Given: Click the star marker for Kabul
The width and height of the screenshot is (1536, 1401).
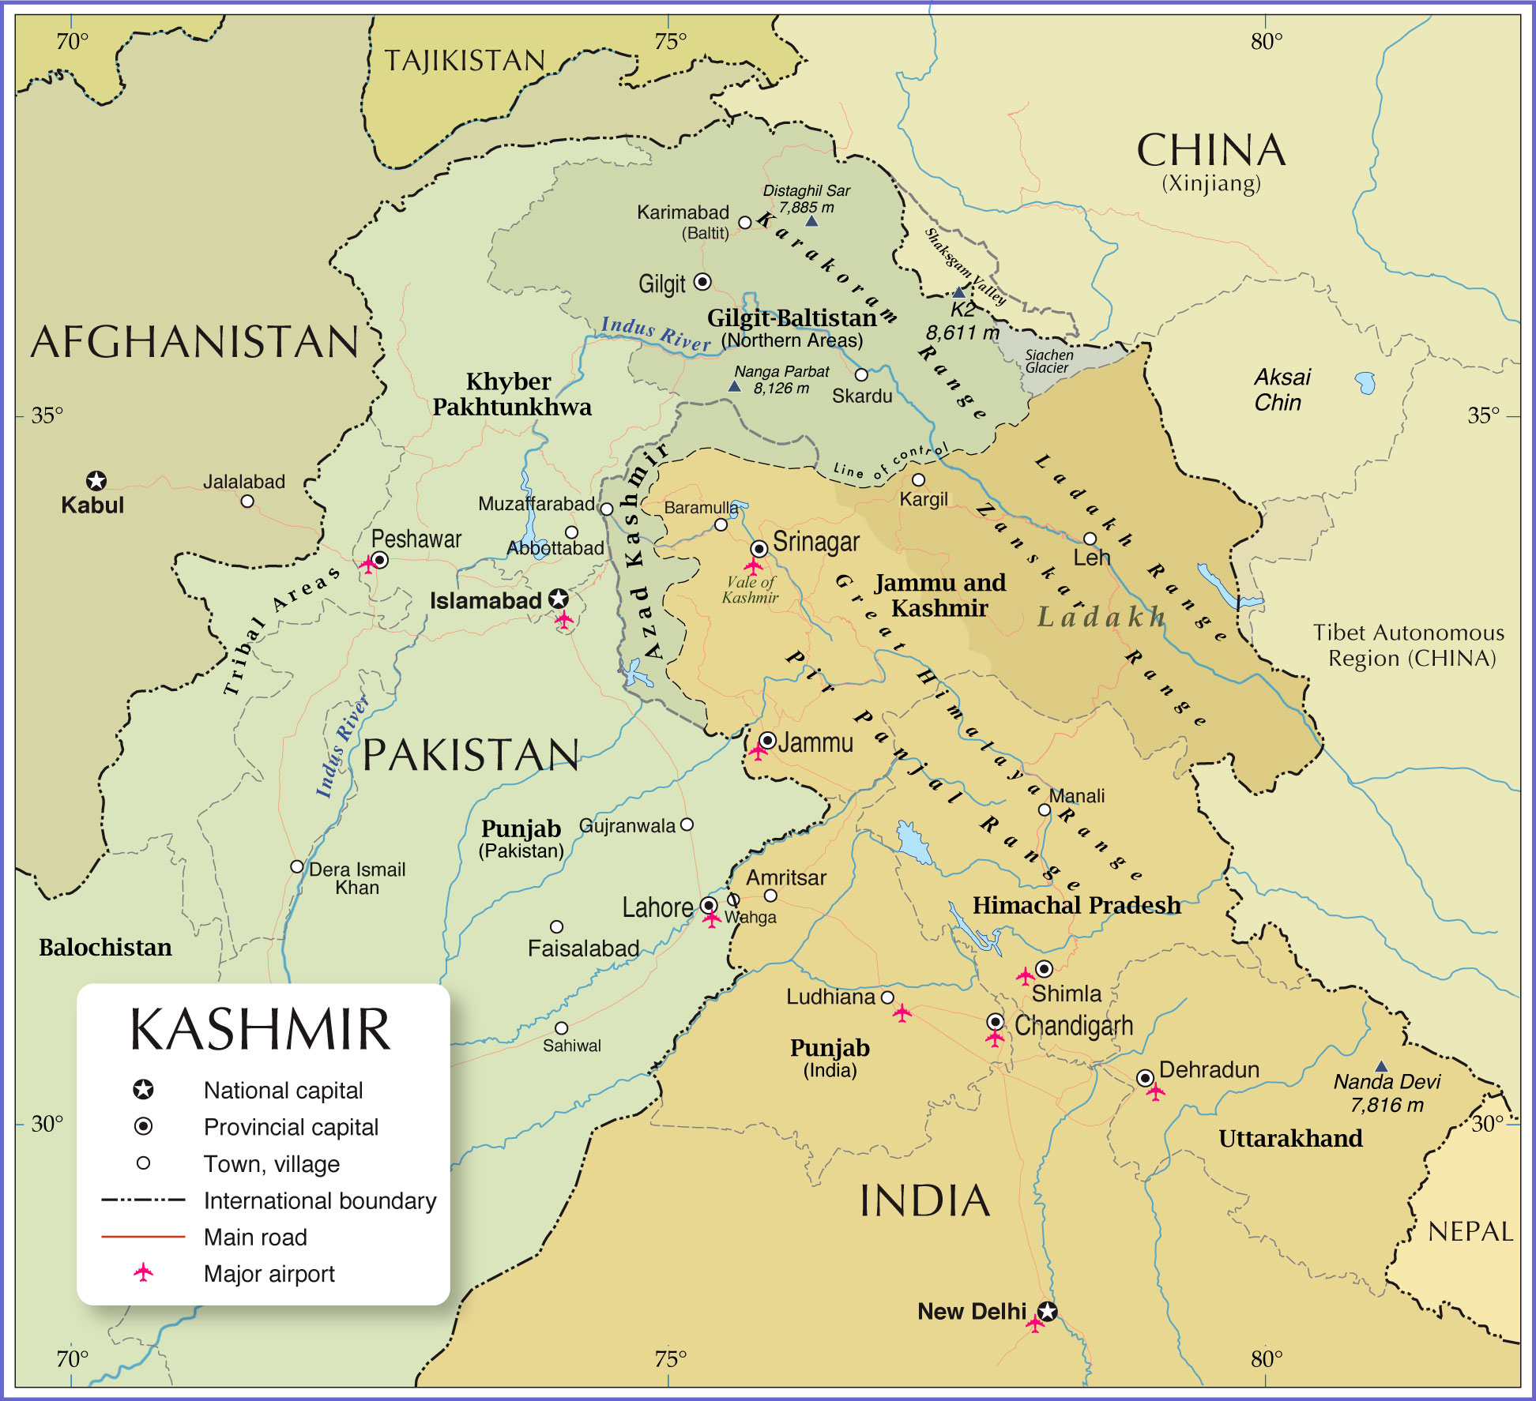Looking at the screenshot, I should (96, 480).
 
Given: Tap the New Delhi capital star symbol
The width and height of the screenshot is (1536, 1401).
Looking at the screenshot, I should (1048, 1312).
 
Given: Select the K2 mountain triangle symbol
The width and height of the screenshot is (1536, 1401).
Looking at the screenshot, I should (959, 292).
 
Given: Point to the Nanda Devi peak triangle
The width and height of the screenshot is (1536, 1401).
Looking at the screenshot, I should (1381, 1066).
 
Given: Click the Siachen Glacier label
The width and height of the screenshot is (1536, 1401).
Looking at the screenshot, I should (1048, 361).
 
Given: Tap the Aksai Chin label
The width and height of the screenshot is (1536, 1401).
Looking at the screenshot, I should (1281, 389).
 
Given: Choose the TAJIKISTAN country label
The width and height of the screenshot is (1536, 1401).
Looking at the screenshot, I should (465, 61).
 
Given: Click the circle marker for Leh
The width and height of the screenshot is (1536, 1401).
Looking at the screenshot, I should (1090, 539).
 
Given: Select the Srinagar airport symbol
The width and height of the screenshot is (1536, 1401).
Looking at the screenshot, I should (754, 565).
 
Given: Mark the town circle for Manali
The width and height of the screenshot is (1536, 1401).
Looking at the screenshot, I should (1045, 809).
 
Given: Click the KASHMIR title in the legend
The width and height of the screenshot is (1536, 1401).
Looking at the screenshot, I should (261, 1030).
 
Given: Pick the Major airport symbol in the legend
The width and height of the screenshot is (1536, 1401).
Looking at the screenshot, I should (143, 1272).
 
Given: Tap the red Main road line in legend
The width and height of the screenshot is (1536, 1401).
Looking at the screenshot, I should (143, 1236).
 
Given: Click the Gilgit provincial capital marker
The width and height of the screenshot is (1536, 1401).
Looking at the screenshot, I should (702, 282).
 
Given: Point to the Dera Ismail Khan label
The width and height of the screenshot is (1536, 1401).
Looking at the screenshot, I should (356, 878).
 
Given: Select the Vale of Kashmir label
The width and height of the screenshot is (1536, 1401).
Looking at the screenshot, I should (750, 590).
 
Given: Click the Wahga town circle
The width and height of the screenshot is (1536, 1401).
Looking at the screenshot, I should (733, 900).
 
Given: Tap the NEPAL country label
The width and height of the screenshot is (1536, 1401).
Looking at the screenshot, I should (1470, 1231).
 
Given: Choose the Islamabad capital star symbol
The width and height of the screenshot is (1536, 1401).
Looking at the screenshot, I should (559, 598).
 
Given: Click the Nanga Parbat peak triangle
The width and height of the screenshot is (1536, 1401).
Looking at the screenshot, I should (735, 386).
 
